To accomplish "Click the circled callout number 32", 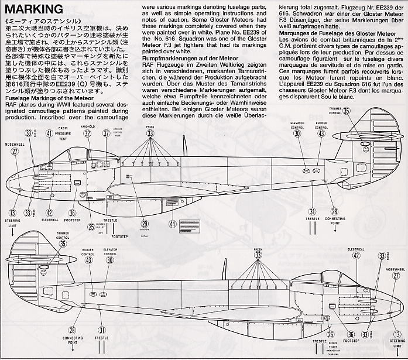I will [87, 133].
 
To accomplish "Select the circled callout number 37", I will [106, 133].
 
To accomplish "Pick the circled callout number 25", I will [91, 227].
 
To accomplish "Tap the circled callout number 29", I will [145, 223].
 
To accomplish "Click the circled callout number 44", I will [172, 223].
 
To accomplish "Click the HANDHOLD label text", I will [87, 125].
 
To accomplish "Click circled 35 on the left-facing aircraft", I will [347, 111].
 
